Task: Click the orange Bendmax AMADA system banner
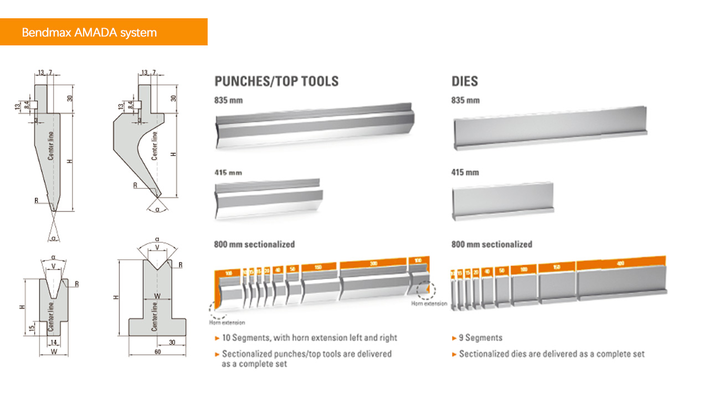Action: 104,32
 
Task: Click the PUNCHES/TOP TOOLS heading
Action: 276,81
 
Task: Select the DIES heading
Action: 464,81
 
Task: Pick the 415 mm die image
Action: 502,198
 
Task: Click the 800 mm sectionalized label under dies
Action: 491,244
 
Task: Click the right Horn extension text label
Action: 429,303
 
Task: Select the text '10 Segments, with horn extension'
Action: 309,338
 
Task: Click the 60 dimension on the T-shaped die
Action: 157,351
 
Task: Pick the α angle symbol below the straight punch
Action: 53,238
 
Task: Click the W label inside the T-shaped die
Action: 157,296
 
